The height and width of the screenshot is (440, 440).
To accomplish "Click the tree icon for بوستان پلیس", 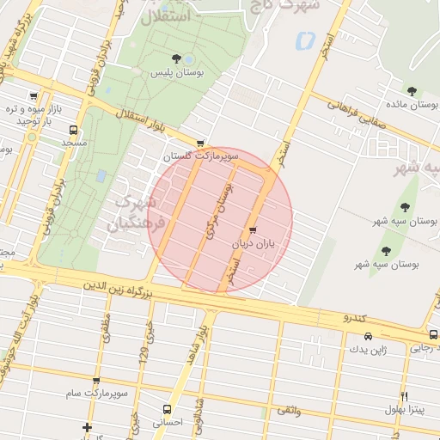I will pyautogui.click(x=176, y=58).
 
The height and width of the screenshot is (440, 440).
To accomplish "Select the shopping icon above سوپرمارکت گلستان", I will pyautogui.click(x=200, y=144).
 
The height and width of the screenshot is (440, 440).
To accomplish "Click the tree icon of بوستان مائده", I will pyautogui.click(x=412, y=90).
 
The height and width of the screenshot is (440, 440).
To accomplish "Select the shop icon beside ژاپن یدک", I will pyautogui.click(x=355, y=335).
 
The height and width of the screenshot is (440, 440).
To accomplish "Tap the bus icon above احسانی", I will pyautogui.click(x=166, y=409).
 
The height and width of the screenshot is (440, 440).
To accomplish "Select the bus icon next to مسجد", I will pyautogui.click(x=73, y=131).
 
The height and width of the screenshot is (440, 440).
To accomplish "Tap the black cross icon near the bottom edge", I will pyautogui.click(x=87, y=427).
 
